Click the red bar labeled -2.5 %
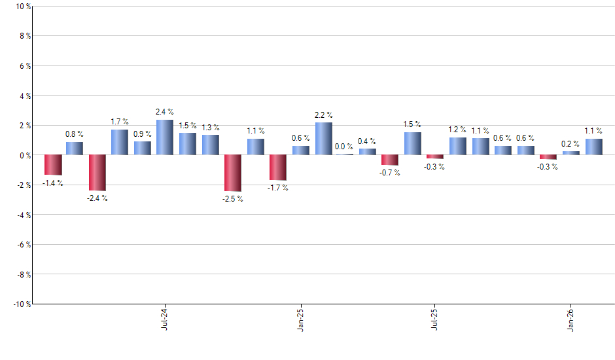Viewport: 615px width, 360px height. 233,173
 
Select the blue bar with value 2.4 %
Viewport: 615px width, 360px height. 165,137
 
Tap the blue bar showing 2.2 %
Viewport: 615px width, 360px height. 324,139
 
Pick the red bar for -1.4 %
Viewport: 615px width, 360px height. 52,165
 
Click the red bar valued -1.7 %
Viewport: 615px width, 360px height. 278,168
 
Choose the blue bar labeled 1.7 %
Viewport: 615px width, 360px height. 119,142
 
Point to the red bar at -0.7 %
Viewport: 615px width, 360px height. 390,160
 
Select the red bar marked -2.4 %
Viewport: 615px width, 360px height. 97,172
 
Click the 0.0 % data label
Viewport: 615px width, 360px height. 344,147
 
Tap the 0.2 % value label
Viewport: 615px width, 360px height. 571,143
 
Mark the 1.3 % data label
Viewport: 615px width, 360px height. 211,128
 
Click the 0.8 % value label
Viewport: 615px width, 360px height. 74,134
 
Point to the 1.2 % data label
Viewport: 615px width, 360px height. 457,130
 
